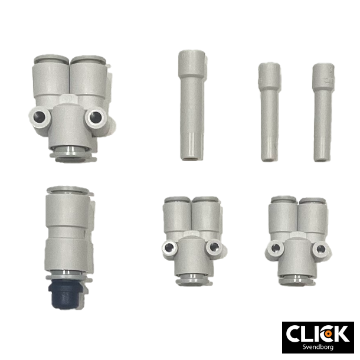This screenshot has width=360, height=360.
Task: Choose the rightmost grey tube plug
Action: point(322,112)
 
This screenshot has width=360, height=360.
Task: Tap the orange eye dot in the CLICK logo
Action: point(326,333)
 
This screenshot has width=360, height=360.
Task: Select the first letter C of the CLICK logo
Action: point(294,333)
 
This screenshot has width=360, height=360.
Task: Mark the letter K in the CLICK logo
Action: point(341,333)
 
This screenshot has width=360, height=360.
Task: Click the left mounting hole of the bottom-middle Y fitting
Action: point(170,248)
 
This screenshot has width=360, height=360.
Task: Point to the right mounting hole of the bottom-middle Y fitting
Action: point(214,248)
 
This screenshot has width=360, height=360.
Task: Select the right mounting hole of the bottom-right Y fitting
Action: point(320,248)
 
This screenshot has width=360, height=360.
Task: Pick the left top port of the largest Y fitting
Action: point(51,61)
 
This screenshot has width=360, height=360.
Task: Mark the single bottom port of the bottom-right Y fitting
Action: point(297,278)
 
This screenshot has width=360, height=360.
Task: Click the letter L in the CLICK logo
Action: point(307,333)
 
